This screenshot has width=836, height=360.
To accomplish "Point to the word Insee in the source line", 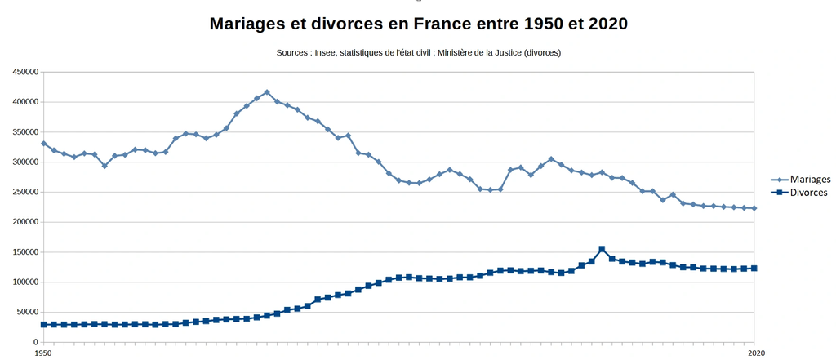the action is pyautogui.click(x=323, y=53).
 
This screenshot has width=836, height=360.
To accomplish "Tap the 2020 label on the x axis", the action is pyautogui.click(x=754, y=353).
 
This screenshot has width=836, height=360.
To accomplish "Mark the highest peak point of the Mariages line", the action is pyautogui.click(x=267, y=92).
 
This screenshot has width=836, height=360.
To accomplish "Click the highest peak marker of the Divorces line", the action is pyautogui.click(x=602, y=249).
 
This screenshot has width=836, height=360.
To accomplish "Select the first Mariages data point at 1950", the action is pyautogui.click(x=44, y=144).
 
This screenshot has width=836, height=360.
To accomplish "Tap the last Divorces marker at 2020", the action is pyautogui.click(x=754, y=269).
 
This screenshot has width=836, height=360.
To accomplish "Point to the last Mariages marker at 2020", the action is pyautogui.click(x=754, y=208).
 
